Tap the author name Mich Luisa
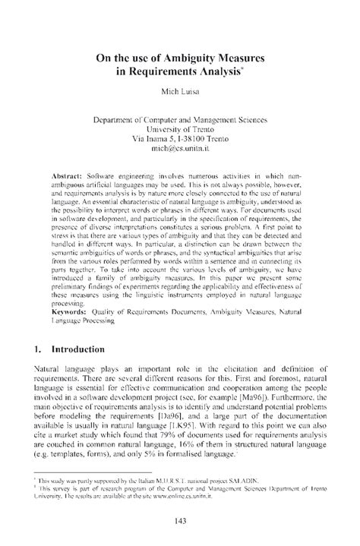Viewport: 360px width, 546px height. pyautogui.click(x=179, y=96)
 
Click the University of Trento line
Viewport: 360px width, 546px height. pyautogui.click(x=179, y=129)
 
